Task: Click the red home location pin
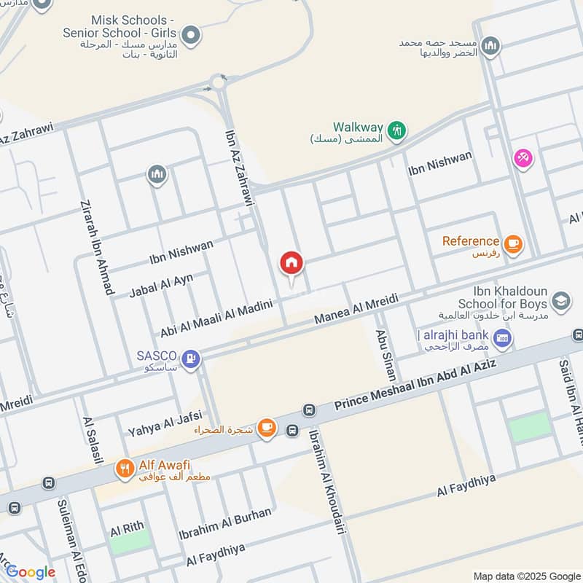tap(291, 264)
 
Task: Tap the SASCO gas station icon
tap(190, 359)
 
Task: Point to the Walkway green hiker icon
tap(396, 131)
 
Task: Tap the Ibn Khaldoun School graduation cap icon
tap(560, 302)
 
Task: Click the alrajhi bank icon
tap(501, 337)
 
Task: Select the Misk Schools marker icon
tap(191, 34)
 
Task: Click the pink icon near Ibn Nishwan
tap(523, 157)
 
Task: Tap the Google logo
tap(30, 572)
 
